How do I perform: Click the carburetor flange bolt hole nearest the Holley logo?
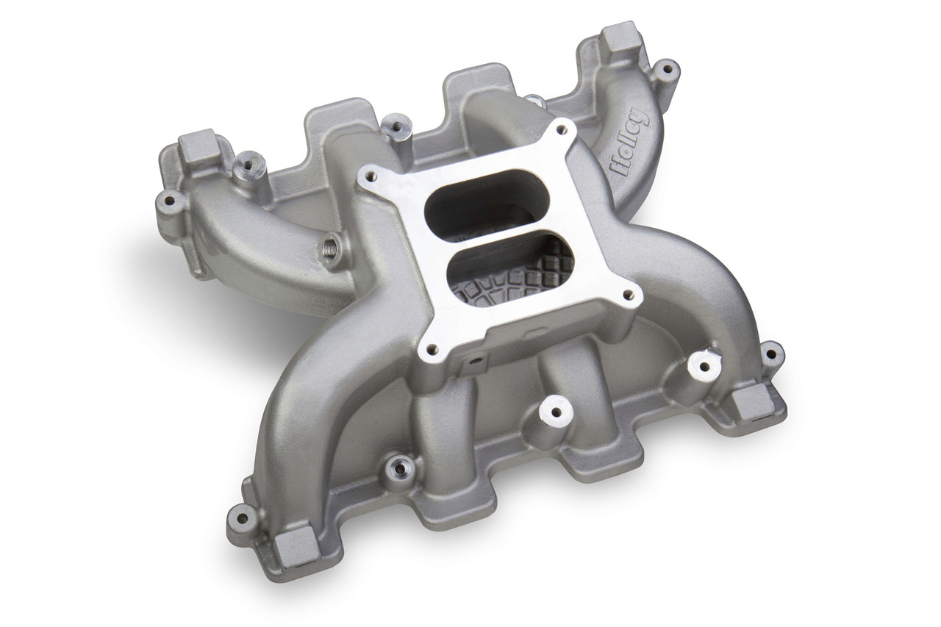[x=562, y=129]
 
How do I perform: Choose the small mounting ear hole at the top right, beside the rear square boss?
[x=665, y=71]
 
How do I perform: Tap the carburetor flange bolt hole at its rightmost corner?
[x=629, y=295]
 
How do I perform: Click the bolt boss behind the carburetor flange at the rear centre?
[x=397, y=127]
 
